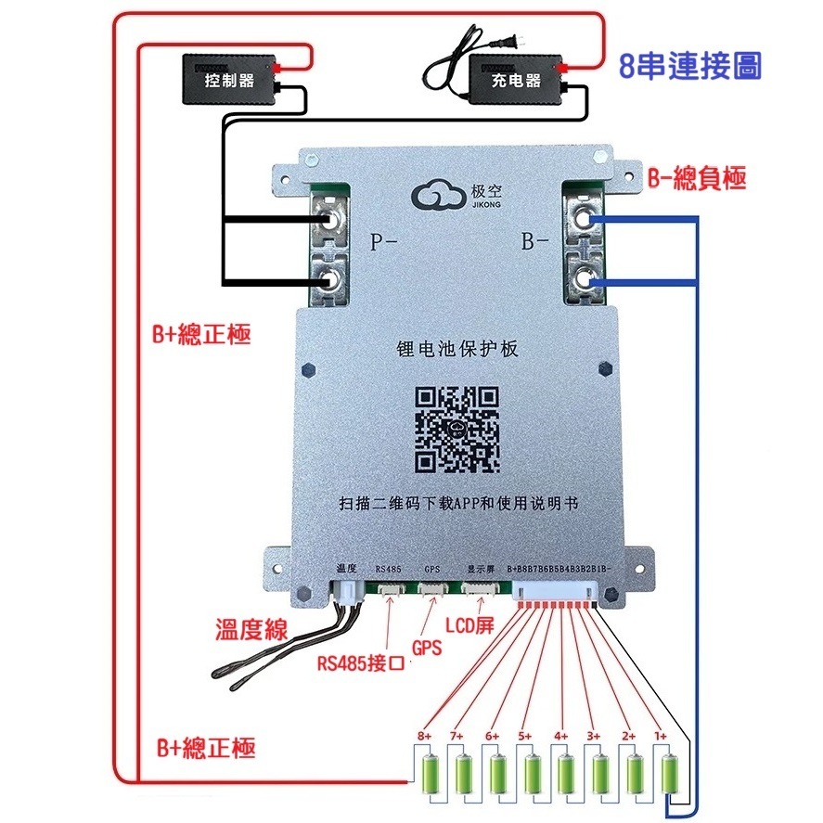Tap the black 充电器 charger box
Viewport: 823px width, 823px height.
[516, 80]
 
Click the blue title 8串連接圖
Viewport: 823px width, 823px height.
[690, 66]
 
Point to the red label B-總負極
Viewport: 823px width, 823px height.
[696, 179]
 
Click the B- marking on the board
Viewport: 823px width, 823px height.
[535, 244]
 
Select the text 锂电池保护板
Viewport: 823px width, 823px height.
[457, 350]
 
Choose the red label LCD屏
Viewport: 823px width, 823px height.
[470, 627]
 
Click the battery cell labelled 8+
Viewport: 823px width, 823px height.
[431, 774]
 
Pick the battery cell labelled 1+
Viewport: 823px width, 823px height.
[670, 774]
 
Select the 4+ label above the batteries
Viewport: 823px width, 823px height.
[560, 736]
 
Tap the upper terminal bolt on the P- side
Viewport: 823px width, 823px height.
[328, 220]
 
